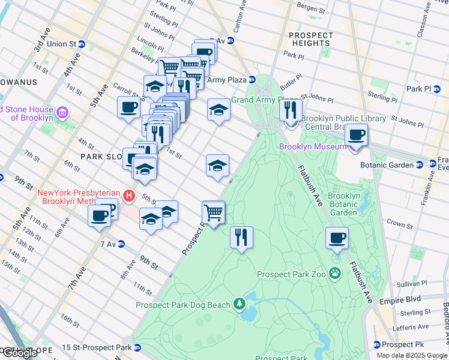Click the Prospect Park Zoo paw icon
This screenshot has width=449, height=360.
tap(335, 274)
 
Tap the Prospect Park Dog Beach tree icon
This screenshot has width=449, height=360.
tap(240, 304)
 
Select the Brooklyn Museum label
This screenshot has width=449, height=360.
tap(313, 146)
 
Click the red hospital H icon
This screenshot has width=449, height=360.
tap(128, 196)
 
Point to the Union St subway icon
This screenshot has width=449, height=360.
tap(82, 44)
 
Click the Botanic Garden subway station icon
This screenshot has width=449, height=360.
tap(420, 165)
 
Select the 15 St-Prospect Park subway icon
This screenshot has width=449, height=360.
tap(137, 347)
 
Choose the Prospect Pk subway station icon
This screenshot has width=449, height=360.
tap(376, 344)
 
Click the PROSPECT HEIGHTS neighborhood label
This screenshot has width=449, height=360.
tap(311, 39)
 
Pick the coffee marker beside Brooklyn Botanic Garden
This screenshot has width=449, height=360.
tap(337, 238)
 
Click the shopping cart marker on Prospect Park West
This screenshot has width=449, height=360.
tap(214, 211)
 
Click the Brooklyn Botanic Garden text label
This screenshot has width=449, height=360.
tap(343, 204)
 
